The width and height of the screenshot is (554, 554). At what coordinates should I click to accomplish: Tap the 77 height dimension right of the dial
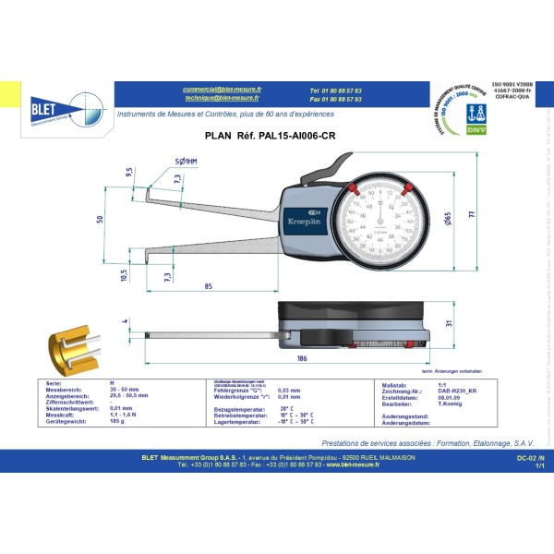pos(470,213)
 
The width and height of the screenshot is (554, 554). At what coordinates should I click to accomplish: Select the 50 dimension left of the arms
pos(99,218)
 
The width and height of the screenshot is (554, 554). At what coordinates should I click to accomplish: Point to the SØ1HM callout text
pos(186,162)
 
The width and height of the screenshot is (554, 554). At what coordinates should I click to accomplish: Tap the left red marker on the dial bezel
pos(352,190)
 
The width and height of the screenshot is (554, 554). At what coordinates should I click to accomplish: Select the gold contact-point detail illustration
pos(70,343)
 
